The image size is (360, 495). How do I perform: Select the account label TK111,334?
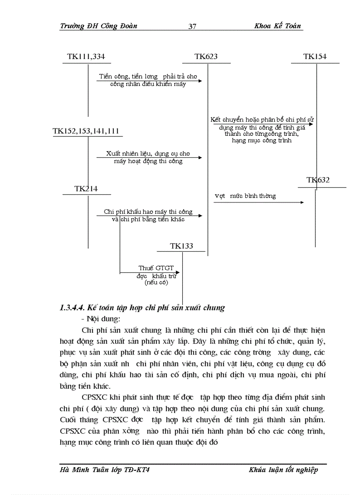tap(86, 56)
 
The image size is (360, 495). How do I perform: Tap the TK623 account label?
tap(206, 56)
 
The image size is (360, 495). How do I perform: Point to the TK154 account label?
tap(315, 56)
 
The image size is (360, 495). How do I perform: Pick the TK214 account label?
tap(86, 189)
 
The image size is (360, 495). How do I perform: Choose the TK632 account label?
tap(318, 180)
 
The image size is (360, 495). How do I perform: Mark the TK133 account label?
tap(181, 246)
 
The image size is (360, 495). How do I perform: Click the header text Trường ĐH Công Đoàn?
tap(98, 26)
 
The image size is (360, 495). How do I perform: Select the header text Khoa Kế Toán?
tap(277, 26)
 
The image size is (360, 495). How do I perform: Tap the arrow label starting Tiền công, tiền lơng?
tap(148, 77)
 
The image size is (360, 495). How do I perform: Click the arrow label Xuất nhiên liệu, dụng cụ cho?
tap(148, 154)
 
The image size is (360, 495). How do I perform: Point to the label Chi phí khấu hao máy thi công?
tap(148, 212)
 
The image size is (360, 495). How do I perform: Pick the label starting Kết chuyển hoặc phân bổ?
tap(262, 119)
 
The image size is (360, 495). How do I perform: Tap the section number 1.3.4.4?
tap(72, 308)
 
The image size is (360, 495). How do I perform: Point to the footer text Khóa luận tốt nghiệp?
tap(283, 470)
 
